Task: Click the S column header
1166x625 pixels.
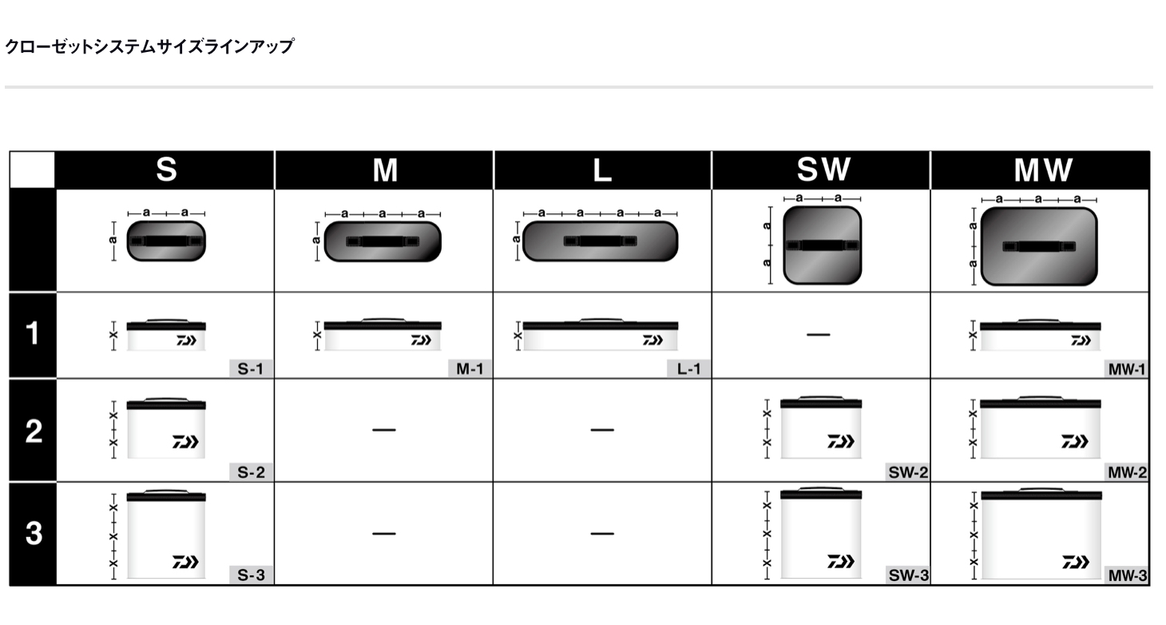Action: point(166,169)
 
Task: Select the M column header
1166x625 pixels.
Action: point(385,170)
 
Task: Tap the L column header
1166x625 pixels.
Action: point(602,170)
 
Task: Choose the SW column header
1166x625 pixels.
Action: point(824,169)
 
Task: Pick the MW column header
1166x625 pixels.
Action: point(1043,170)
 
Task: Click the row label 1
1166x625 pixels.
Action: point(32,334)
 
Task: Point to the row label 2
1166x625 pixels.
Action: point(34,432)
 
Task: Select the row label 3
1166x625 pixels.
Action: point(34,533)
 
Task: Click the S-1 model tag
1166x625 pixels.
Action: point(251,368)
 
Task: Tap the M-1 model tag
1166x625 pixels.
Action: point(470,368)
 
